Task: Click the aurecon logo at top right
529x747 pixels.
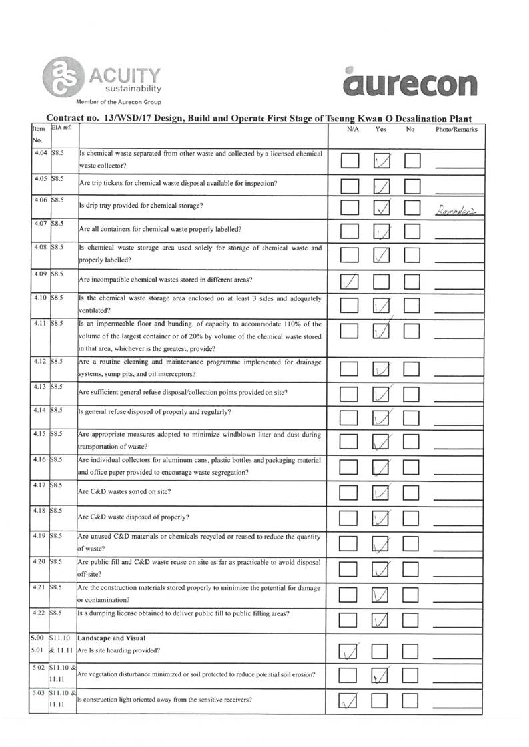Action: coord(411,83)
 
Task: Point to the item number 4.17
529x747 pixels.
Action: coord(41,484)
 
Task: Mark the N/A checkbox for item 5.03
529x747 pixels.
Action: coord(351,702)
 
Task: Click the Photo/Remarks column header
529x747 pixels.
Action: coord(456,130)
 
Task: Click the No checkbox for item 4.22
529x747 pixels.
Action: coord(412,621)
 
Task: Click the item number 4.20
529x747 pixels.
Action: coord(41,561)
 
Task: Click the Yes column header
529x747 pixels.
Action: coord(381,130)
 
